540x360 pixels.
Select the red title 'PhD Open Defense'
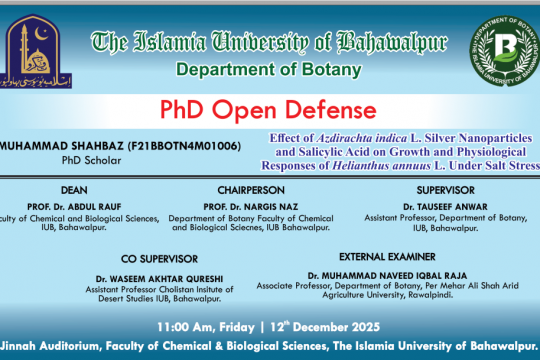(x=269, y=109)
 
